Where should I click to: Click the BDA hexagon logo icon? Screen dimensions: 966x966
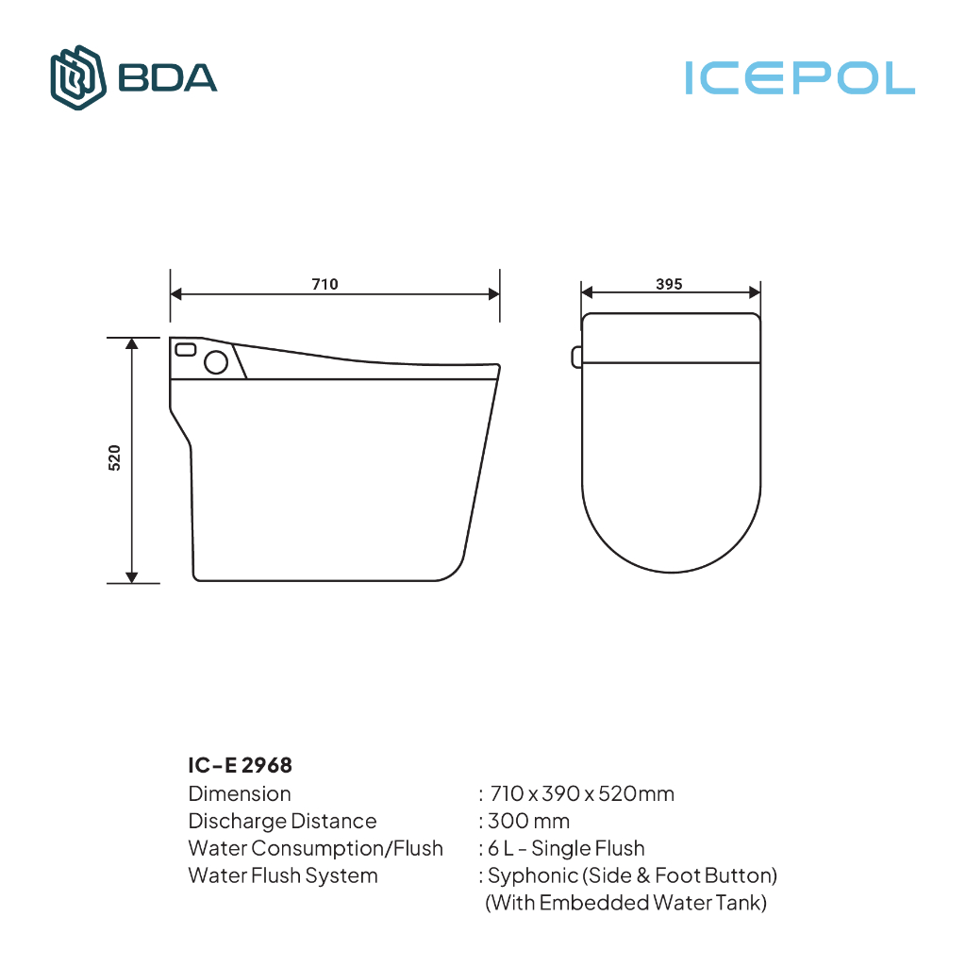[x=77, y=77]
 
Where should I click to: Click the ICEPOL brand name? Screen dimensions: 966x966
[x=800, y=78]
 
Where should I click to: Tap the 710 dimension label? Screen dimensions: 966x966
[x=325, y=284]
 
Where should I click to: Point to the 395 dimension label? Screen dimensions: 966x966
[x=669, y=284]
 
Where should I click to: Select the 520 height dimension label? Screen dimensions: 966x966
[x=114, y=458]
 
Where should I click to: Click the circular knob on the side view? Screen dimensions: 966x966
[x=216, y=362]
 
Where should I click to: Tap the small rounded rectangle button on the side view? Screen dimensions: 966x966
[x=186, y=349]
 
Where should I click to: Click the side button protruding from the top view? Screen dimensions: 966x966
[x=576, y=358]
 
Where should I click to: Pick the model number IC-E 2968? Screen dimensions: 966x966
[x=240, y=765]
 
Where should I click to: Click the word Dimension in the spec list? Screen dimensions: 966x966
[x=240, y=793]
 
